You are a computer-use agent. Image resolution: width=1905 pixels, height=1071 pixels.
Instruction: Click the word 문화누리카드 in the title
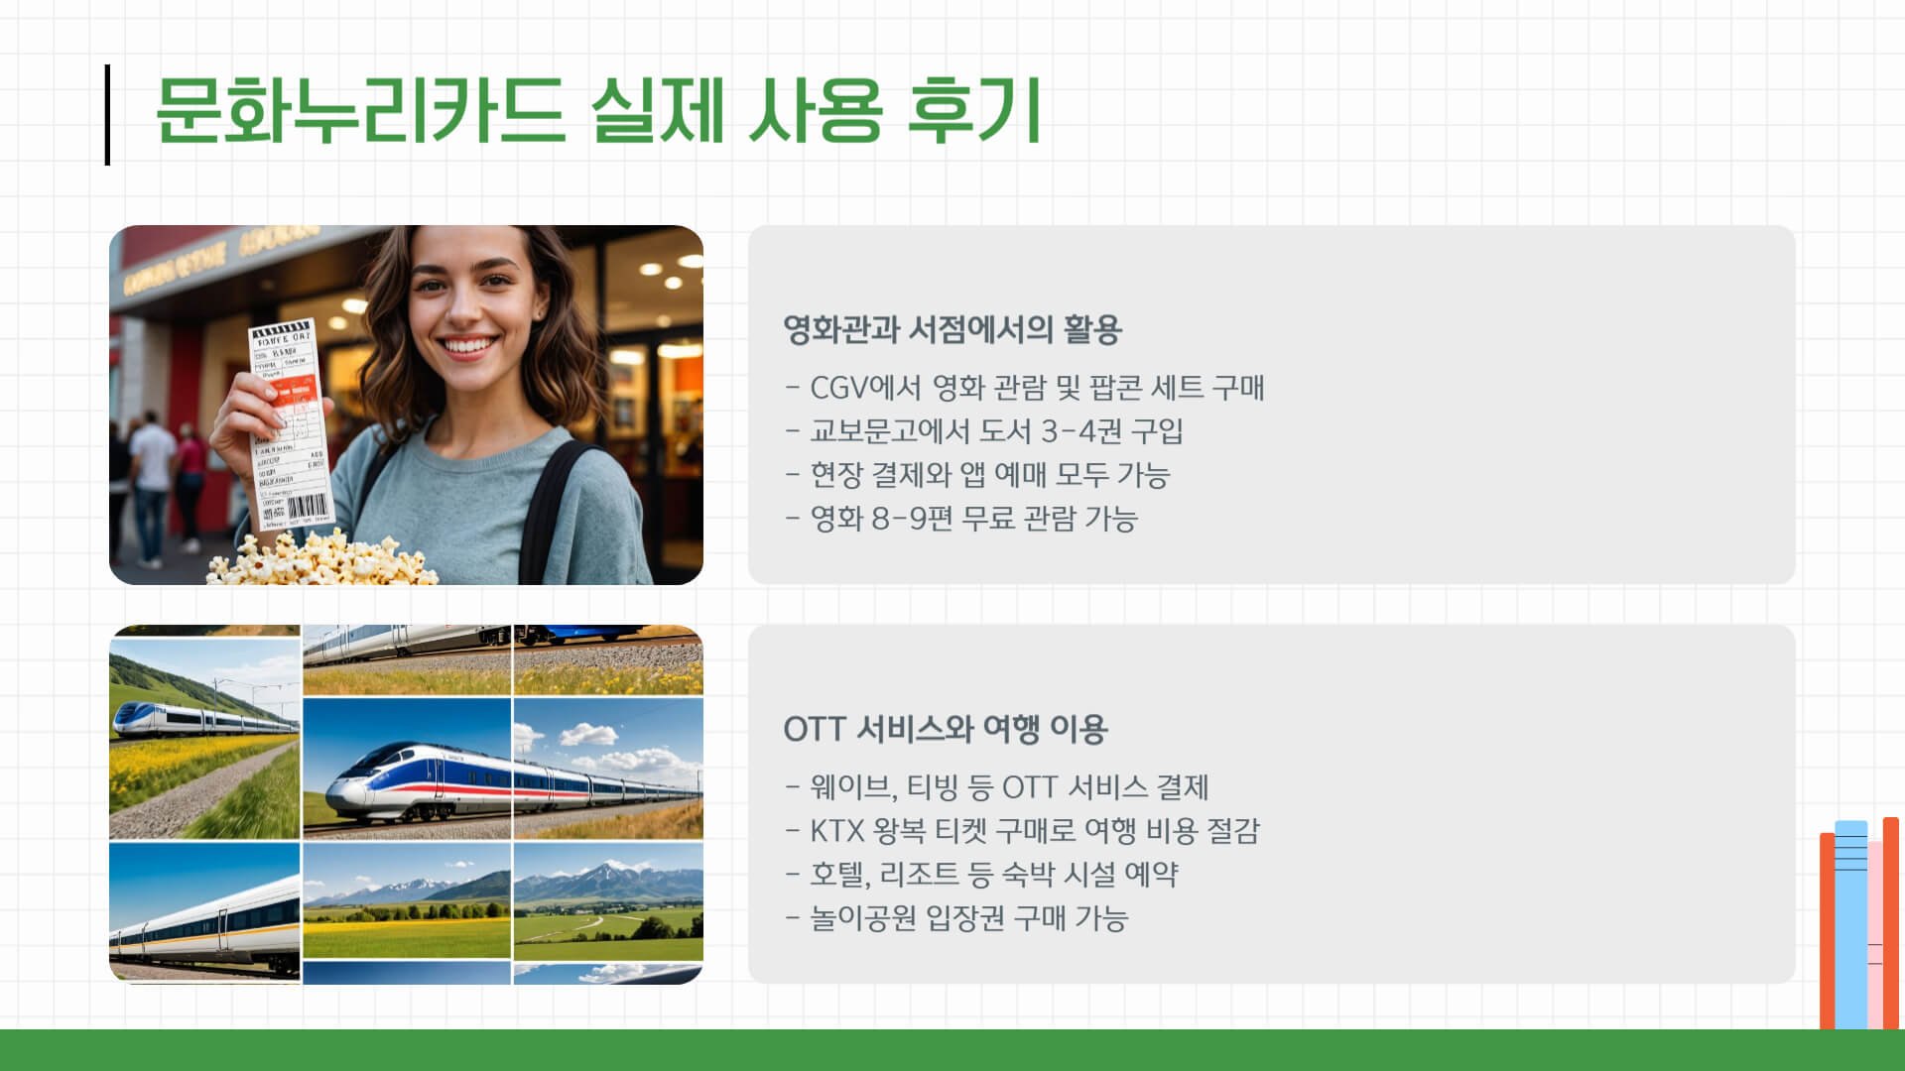tap(359, 111)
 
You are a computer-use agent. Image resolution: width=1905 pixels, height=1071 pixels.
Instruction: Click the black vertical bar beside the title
tap(107, 115)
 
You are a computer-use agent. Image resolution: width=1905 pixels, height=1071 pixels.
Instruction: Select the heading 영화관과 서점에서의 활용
tap(952, 329)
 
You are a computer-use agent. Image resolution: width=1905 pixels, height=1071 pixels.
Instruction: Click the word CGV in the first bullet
tap(838, 388)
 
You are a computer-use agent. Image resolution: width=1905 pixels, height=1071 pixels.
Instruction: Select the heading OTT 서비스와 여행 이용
tap(945, 730)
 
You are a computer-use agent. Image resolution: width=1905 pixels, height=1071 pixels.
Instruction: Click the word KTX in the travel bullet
tap(837, 831)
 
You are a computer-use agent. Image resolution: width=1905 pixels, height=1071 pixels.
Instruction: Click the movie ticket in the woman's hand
tap(288, 416)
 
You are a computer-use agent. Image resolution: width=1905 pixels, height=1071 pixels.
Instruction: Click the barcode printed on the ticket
tap(307, 507)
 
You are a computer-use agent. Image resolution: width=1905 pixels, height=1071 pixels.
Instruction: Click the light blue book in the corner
tap(1850, 922)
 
